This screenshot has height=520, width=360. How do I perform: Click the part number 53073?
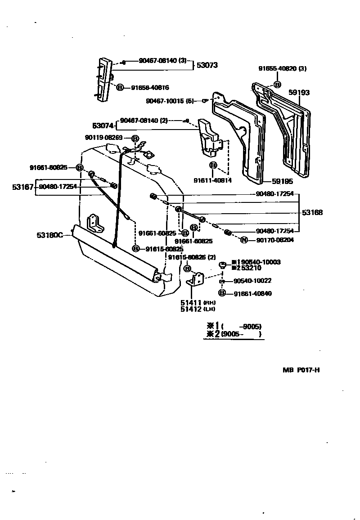(x=207, y=65)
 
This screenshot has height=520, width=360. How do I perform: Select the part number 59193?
(x=299, y=93)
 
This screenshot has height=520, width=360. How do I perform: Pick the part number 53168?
(x=312, y=212)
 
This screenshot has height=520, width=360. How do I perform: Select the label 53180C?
(x=49, y=234)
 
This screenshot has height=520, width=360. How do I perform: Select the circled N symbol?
(x=244, y=240)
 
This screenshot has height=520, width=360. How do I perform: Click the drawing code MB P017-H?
(x=301, y=370)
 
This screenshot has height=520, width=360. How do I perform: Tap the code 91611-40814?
(x=212, y=180)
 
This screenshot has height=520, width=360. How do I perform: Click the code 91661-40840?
(x=256, y=294)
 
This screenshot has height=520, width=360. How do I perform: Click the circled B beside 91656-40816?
(x=120, y=88)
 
